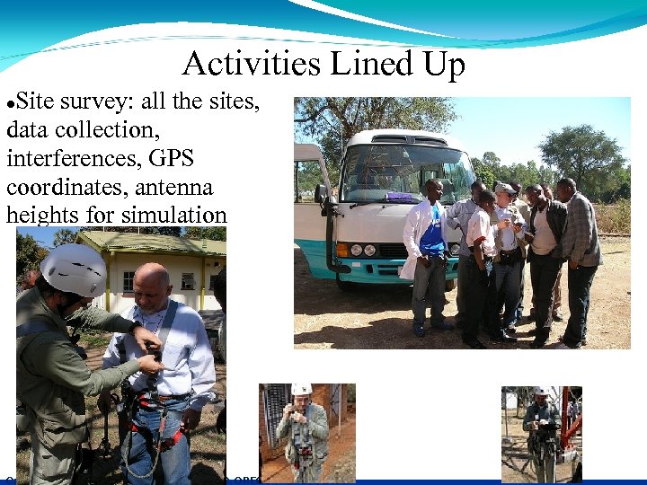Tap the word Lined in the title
[x=358, y=65]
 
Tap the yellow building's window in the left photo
[x=128, y=280]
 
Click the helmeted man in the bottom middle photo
[x=304, y=431]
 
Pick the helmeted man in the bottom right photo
[x=541, y=431]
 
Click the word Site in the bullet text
[x=36, y=101]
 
